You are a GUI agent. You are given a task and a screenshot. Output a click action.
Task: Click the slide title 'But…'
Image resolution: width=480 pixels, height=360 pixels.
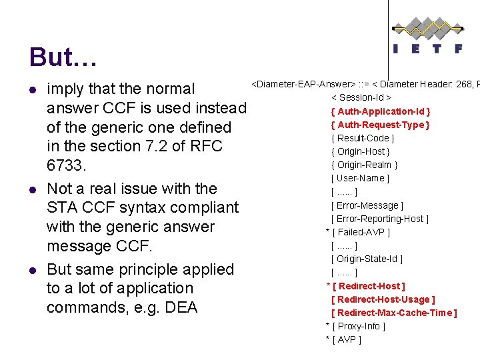point(63,57)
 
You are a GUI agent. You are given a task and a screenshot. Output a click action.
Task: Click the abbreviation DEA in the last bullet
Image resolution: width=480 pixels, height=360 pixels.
point(181,307)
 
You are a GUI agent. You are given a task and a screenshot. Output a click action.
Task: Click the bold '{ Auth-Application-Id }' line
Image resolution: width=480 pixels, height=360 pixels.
point(380,111)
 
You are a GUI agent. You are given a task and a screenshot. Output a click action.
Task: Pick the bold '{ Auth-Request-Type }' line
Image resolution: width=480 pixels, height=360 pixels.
point(380,125)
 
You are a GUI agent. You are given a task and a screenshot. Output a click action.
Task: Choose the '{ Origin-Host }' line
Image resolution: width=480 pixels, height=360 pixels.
point(362,151)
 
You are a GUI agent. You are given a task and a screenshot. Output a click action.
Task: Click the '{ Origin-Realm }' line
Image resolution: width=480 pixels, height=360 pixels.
point(364,165)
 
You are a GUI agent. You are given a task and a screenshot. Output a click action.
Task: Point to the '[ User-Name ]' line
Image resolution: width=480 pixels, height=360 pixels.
point(360,178)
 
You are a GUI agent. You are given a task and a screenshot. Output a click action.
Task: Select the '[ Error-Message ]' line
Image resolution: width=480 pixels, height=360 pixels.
point(367,205)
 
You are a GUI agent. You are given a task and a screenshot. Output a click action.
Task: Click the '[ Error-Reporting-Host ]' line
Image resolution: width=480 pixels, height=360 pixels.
point(380,219)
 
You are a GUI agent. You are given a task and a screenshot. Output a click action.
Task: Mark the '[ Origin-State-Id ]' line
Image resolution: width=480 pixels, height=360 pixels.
point(367,259)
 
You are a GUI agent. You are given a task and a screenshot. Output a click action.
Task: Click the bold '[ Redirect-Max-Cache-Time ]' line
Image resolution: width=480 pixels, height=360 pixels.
point(394,313)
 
